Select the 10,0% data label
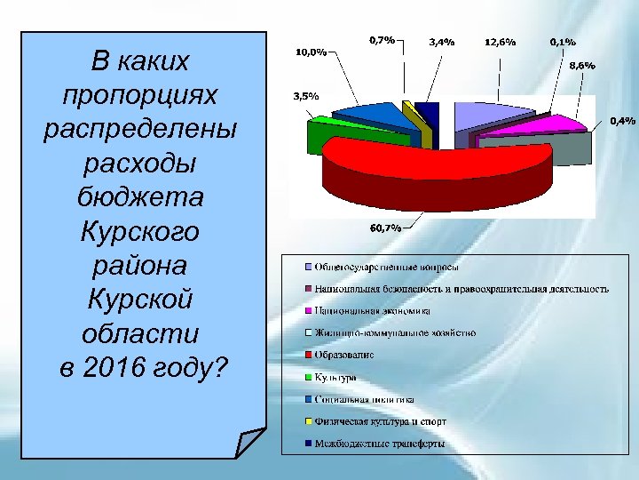[x=310, y=53]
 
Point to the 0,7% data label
[x=382, y=40]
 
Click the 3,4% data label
[x=442, y=42]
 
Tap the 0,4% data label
[x=621, y=121]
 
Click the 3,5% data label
[x=306, y=96]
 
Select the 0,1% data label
[x=562, y=42]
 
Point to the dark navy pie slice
[x=427, y=114]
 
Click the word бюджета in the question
[x=141, y=196]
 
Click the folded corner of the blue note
[x=251, y=442]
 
